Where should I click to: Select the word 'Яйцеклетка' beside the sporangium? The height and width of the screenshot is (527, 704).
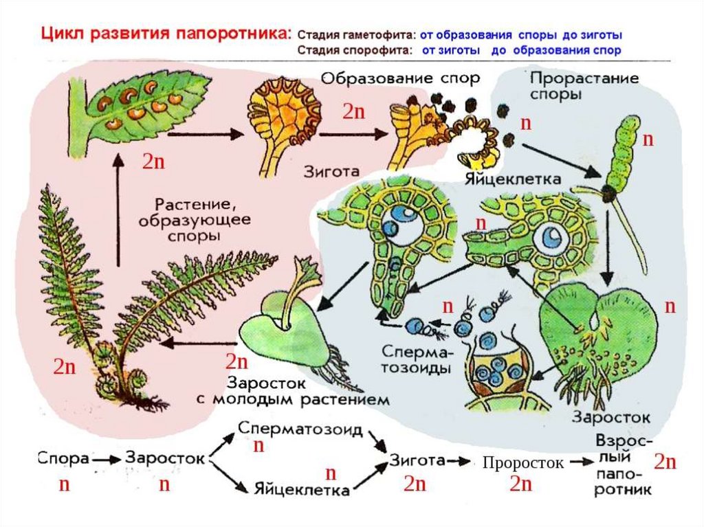point(513,179)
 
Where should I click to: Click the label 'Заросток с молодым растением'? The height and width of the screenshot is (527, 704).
point(308,390)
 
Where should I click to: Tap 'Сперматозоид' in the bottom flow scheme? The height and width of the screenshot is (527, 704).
point(300,429)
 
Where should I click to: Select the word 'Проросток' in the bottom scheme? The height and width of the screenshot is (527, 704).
point(522,463)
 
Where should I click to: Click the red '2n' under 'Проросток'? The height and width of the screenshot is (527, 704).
point(521,485)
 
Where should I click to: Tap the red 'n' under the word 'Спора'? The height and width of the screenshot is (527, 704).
point(64,485)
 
